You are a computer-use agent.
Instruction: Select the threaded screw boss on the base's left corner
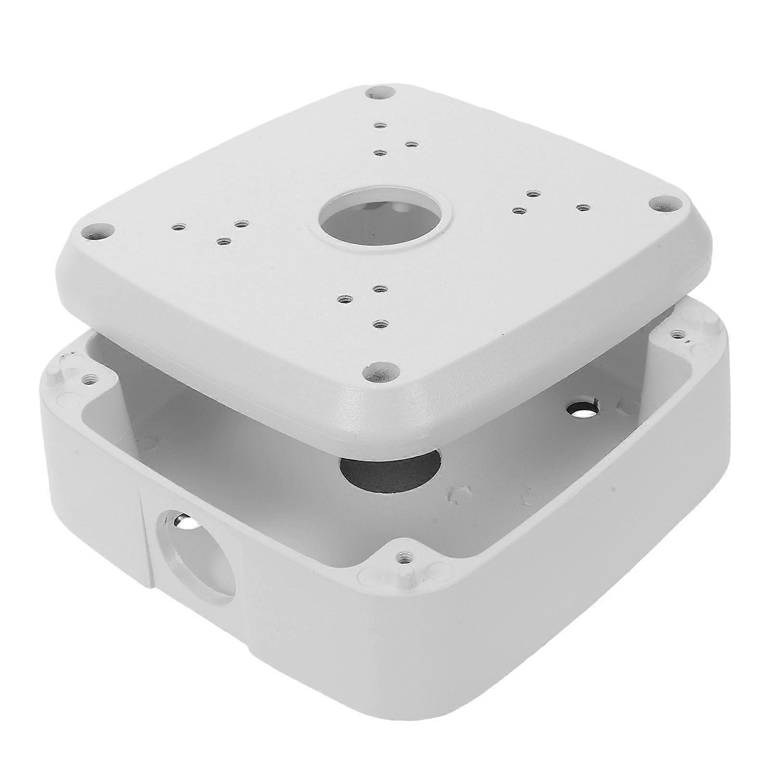pyautogui.click(x=88, y=380)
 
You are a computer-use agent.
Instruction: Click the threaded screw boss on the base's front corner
pyautogui.click(x=401, y=556)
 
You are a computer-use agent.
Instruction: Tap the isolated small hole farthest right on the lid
pyautogui.click(x=583, y=207)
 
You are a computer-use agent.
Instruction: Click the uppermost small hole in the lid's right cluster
pyautogui.click(x=531, y=194)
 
